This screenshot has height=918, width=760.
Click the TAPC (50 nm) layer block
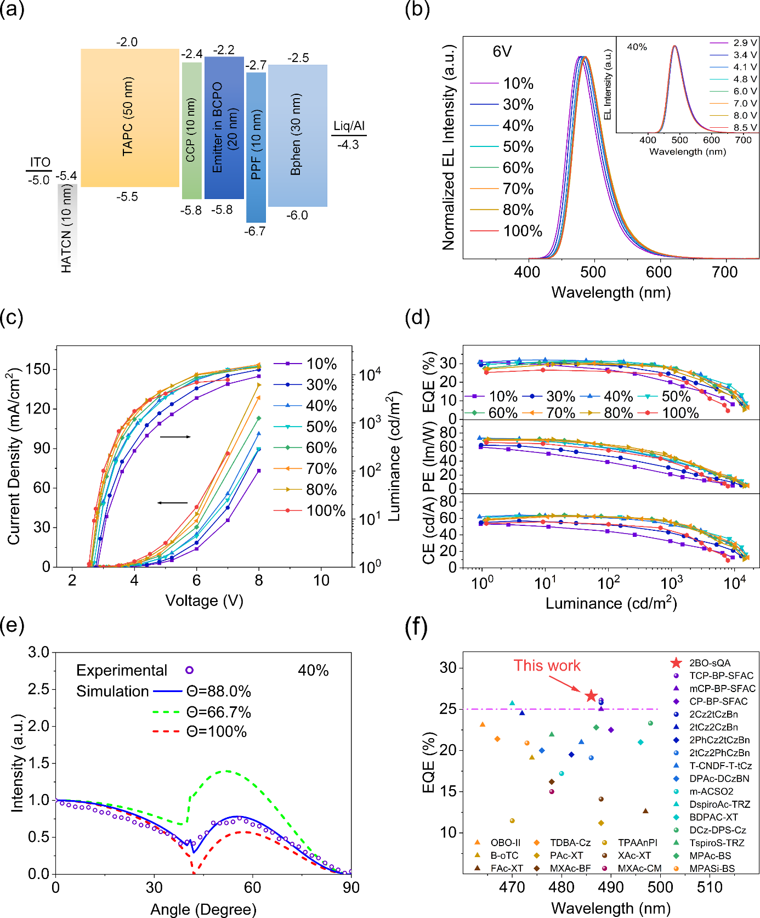[x=130, y=117]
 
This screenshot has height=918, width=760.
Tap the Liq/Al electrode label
[x=349, y=126]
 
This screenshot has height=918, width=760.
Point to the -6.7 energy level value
[x=255, y=231]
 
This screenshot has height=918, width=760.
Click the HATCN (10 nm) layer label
[x=66, y=228]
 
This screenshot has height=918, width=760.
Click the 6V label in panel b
[x=502, y=52]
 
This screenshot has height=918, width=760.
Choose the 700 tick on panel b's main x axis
[x=724, y=272]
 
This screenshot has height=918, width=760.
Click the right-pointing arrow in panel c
[x=175, y=437]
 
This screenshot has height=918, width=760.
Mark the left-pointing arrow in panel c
[x=172, y=502]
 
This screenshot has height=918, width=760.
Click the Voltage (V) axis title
[x=204, y=600]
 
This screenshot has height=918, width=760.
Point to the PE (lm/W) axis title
[x=428, y=457]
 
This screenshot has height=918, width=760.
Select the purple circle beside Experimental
[x=189, y=670]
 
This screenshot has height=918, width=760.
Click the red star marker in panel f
[x=591, y=696]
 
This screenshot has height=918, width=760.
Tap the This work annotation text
[x=547, y=665]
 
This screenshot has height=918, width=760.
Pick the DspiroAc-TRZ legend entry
[x=720, y=804]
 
